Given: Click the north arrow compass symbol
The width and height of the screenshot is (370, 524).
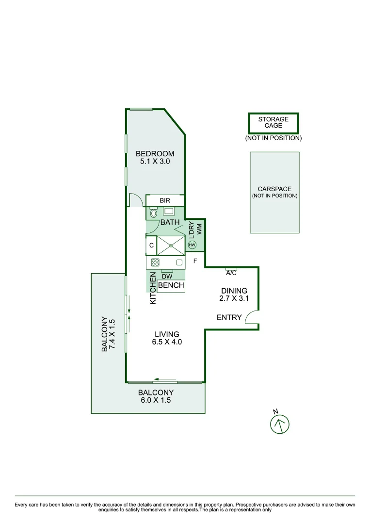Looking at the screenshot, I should (x=279, y=424).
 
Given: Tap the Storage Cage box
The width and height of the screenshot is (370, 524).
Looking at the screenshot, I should (x=273, y=123).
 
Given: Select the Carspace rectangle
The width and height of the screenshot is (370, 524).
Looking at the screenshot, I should (x=274, y=192).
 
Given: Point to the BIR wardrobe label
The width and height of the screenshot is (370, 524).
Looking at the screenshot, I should (x=165, y=200).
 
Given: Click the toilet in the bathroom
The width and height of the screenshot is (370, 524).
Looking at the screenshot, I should (x=154, y=213).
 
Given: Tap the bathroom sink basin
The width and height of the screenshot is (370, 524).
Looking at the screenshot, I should (x=169, y=211).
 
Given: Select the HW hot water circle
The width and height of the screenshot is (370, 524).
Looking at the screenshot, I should (x=192, y=246).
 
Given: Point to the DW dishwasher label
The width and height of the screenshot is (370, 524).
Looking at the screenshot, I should (x=167, y=277).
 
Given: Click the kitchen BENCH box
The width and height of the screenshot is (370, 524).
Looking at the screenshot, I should (x=171, y=286).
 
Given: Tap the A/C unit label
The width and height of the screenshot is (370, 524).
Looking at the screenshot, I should (x=231, y=273).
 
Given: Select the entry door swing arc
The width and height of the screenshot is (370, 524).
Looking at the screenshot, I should (x=252, y=318).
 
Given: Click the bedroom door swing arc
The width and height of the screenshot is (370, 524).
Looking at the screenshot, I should (x=135, y=199).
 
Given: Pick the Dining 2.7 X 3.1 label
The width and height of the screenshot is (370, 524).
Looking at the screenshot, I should (x=235, y=295).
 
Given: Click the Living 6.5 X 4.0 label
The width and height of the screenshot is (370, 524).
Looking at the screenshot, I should (x=167, y=338).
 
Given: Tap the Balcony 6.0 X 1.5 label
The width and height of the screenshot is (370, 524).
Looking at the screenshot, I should (x=156, y=396).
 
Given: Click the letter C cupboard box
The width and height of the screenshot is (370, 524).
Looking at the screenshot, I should (x=151, y=246).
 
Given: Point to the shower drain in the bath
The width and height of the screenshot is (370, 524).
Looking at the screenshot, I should (x=171, y=246).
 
